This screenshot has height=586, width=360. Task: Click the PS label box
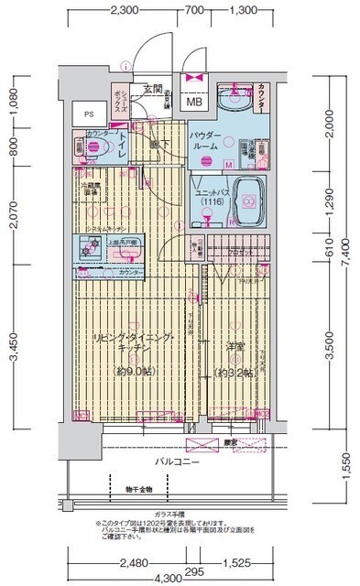pos(89,114)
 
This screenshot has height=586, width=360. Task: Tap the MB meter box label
pos(196,101)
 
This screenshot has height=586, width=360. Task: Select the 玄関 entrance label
pos(152,90)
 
